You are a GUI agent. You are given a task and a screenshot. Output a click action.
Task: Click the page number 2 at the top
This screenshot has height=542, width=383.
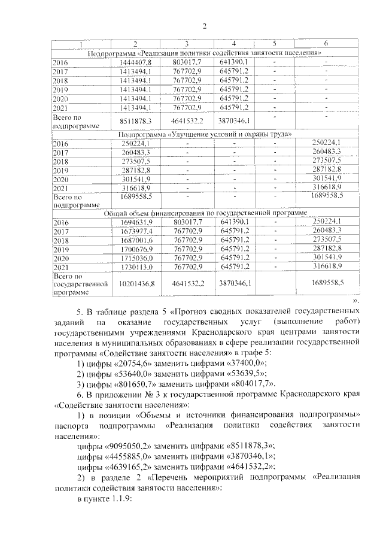(204, 26)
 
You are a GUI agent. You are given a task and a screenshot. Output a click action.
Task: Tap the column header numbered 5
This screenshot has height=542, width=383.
(274, 44)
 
